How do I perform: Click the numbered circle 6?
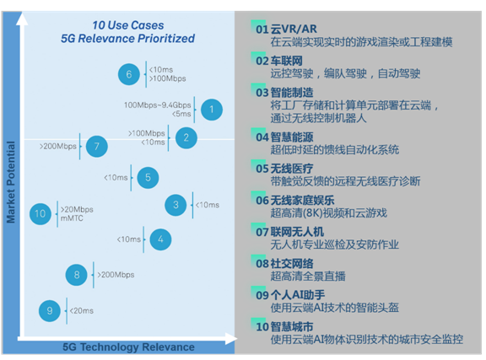(129, 74)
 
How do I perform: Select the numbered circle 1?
(212, 110)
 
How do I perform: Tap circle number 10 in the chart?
(40, 214)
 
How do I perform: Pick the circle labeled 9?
(50, 311)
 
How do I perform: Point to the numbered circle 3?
(175, 205)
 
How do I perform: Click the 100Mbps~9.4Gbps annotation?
(158, 105)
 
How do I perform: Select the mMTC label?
(72, 218)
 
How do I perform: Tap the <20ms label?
(82, 311)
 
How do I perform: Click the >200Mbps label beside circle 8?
(116, 275)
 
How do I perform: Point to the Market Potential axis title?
(11, 182)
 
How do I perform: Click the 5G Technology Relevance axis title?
(128, 347)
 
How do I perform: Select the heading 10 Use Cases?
(128, 25)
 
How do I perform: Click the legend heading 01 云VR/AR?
(286, 30)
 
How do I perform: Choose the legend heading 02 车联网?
(279, 61)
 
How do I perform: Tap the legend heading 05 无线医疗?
(284, 169)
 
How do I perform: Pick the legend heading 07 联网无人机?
(289, 232)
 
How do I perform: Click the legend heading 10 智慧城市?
(284, 326)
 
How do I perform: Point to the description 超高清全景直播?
(308, 276)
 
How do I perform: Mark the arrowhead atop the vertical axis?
(22, 19)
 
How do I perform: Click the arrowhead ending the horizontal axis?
(231, 339)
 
